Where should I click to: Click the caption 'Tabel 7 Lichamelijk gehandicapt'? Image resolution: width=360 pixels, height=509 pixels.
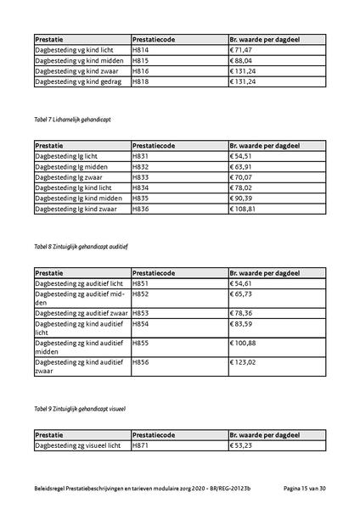point(72,120)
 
